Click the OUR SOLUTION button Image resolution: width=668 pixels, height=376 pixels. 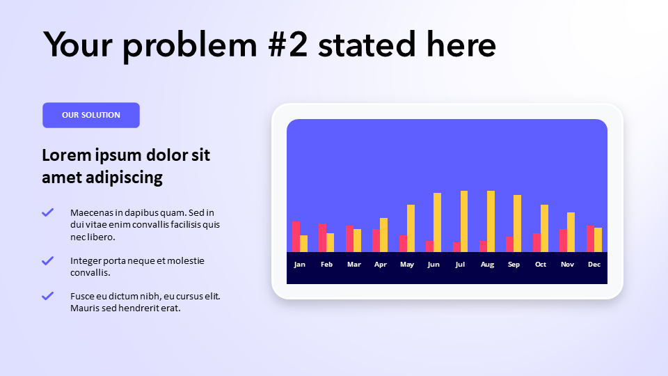(x=91, y=115)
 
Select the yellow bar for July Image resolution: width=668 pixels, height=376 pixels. (x=464, y=221)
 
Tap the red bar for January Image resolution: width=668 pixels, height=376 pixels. (x=296, y=237)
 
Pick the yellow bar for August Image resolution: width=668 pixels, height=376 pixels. (x=491, y=221)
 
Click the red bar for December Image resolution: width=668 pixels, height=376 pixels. (x=590, y=239)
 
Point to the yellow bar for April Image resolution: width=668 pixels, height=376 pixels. (x=384, y=235)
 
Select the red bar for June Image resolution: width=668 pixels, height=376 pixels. (x=429, y=246)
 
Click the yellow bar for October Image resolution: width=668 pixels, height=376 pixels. (x=544, y=228)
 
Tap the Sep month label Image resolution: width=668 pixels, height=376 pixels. (x=514, y=265)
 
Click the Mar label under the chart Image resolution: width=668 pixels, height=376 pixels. (x=354, y=265)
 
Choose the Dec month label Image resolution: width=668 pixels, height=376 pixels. (x=594, y=265)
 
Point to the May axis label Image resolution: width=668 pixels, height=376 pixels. (x=407, y=265)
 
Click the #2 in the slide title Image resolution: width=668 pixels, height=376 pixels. (x=287, y=45)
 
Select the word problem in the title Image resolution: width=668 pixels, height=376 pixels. (x=190, y=46)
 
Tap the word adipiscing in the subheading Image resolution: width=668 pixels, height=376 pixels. (x=124, y=178)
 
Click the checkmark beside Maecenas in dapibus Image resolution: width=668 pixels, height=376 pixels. (x=48, y=212)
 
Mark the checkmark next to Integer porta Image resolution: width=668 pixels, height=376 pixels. (x=48, y=260)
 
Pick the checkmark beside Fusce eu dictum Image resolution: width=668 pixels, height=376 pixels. (x=48, y=296)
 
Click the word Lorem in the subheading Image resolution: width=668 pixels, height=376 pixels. (x=67, y=155)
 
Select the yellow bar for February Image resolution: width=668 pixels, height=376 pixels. (x=330, y=242)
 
